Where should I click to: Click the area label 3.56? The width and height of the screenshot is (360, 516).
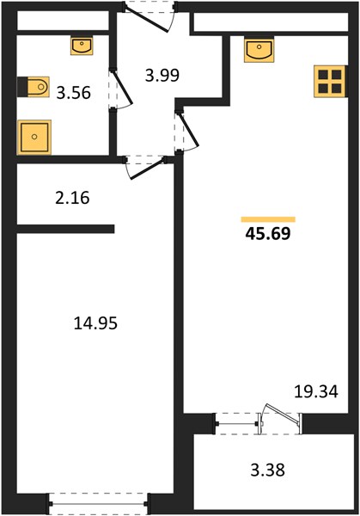73,93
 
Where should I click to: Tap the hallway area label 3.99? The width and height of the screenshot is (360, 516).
162,75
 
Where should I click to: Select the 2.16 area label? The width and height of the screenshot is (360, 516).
72,198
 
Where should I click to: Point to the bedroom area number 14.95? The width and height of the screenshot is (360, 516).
95,323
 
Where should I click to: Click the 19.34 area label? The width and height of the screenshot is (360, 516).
316,391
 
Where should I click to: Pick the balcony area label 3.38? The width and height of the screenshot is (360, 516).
267,470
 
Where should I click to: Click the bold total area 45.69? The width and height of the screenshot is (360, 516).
268,234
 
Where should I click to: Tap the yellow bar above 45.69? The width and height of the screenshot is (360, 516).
268,219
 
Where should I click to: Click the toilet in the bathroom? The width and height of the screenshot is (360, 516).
34,87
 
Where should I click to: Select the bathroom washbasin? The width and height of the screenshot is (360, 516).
82,46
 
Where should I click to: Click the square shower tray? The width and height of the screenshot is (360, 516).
34,138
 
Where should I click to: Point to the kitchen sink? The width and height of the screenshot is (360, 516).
259,51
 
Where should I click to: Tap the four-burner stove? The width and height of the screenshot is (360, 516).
330,82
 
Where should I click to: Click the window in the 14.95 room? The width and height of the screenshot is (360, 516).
98,503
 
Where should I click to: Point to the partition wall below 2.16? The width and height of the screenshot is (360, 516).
65,229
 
